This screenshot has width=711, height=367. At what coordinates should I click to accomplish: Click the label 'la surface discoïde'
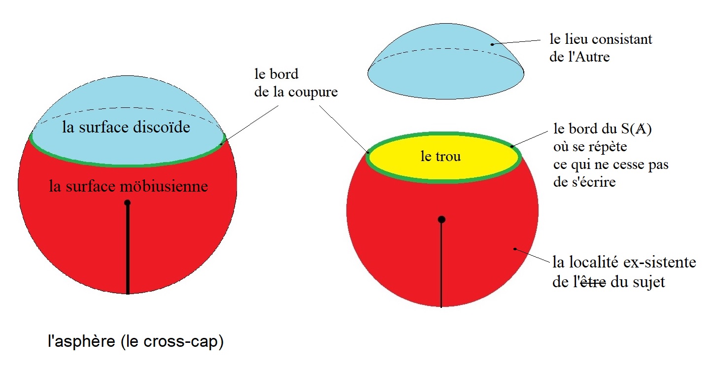[127, 128]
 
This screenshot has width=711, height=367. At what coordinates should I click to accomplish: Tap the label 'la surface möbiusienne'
[128, 187]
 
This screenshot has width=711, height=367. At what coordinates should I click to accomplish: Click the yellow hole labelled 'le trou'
[441, 157]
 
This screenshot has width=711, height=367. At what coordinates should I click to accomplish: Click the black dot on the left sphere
[128, 202]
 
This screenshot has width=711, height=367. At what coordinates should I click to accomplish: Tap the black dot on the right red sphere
[441, 219]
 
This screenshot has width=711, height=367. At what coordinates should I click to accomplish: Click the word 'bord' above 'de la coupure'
[283, 74]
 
